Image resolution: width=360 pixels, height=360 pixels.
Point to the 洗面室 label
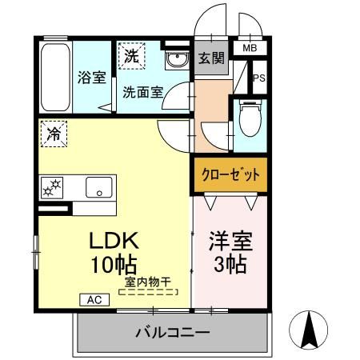(142, 91)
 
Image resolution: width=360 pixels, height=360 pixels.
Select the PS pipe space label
(258, 78)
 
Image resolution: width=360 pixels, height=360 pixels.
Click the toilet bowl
(250, 118)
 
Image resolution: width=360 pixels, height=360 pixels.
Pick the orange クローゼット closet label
(229, 176)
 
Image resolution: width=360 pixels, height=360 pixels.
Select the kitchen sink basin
(99, 188)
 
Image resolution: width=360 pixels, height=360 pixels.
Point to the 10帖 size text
(114, 264)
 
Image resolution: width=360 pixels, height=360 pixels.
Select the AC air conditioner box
(94, 300)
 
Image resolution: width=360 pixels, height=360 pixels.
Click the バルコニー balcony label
(171, 330)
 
